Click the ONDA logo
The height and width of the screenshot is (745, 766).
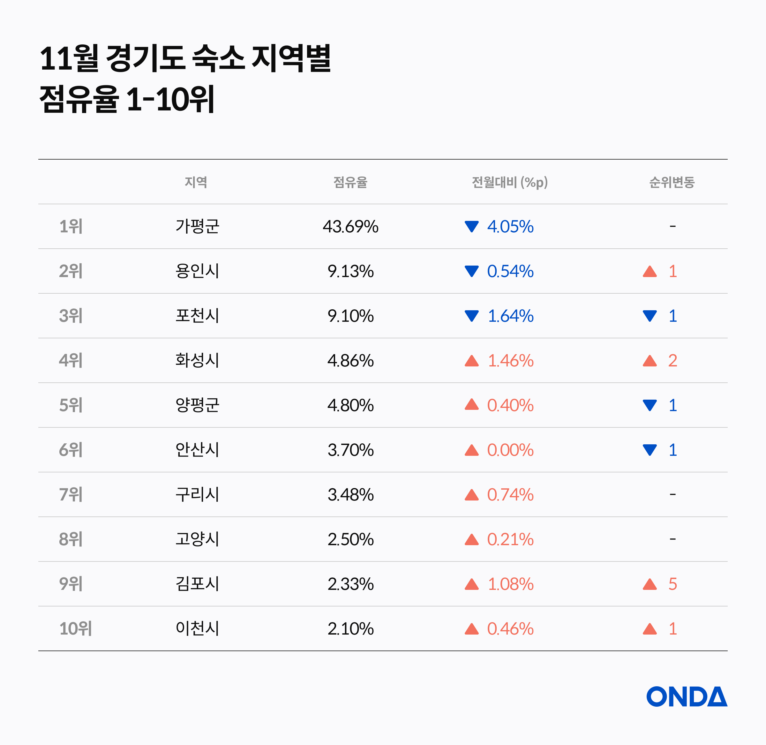[x=687, y=696]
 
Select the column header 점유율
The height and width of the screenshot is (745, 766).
[x=350, y=182]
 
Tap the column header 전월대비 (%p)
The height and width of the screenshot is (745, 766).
[x=510, y=182]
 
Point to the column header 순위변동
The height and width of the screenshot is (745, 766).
[x=672, y=182]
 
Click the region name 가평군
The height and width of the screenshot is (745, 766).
[x=197, y=226]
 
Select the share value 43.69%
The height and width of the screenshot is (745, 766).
[x=350, y=227]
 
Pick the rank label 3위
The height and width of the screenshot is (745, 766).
[x=71, y=315]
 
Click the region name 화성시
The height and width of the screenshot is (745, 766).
[x=197, y=360]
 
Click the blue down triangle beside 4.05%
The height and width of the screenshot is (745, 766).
[x=471, y=226]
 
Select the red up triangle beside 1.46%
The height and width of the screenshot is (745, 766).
[x=471, y=360]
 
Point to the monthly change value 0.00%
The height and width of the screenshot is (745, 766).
[x=510, y=450]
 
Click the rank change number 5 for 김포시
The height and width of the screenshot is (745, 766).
[x=672, y=584]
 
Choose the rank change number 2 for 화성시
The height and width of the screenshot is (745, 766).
[x=672, y=360]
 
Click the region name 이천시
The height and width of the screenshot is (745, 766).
[x=197, y=628]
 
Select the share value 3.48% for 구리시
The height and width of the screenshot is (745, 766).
[x=350, y=494]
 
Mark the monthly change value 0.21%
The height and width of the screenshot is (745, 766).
[x=510, y=539]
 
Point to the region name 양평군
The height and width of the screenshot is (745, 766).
[x=197, y=405]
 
